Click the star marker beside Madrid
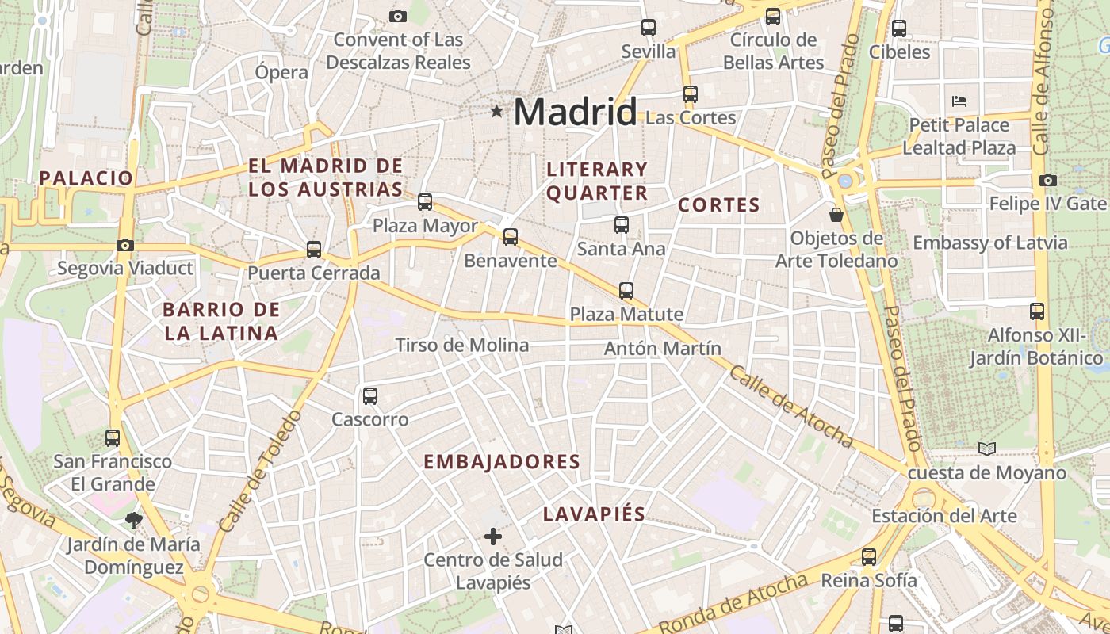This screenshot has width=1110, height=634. tap(497, 112)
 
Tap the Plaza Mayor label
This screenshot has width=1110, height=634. tap(425, 227)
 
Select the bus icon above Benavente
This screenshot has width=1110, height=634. tap(511, 236)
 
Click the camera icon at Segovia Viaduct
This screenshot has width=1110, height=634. tap(125, 245)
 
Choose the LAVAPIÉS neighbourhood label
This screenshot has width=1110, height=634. tap(594, 514)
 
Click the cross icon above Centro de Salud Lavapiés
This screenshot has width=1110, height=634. tap(493, 537)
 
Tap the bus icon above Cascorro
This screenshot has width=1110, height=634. tap(370, 396)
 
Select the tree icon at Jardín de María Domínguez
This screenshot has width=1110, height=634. tap(133, 521)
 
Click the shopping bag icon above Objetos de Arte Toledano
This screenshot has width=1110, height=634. tap(836, 214)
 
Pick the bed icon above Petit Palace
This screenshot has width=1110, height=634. tap(959, 101)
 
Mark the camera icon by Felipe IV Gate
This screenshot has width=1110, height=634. tap(1047, 181)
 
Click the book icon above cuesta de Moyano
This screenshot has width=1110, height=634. tap(986, 449)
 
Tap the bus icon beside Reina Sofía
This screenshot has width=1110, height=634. tap(869, 557)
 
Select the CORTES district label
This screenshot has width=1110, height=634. tap(719, 206)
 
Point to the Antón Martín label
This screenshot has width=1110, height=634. tap(663, 349)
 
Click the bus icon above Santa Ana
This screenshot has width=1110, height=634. tap(622, 225)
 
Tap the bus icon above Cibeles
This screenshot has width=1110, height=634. tap(898, 29)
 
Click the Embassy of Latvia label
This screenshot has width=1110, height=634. tap(990, 243)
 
